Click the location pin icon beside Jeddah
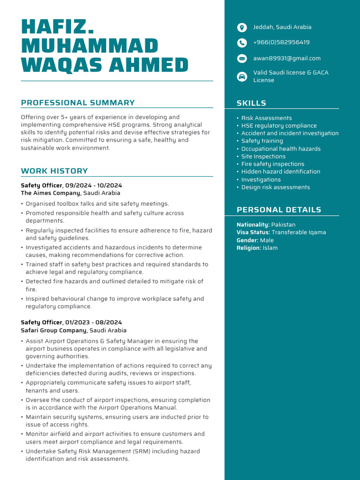(242, 28)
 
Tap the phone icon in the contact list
(242, 43)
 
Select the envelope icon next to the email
(242, 59)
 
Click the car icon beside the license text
(242, 77)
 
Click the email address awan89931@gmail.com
(287, 59)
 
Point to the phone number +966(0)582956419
(281, 43)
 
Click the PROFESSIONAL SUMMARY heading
(78, 103)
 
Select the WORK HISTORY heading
(54, 171)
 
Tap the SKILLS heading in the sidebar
(251, 103)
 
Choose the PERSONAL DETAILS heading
(279, 210)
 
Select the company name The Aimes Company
(51, 193)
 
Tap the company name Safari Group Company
(53, 330)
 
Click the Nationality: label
(253, 225)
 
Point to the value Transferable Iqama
(299, 232)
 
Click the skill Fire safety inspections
(273, 164)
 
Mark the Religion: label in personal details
(249, 248)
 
